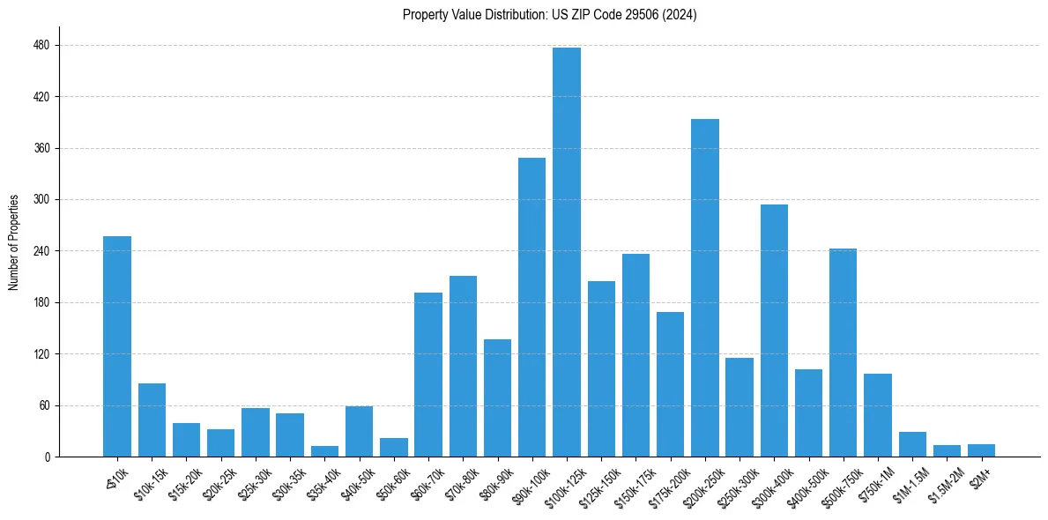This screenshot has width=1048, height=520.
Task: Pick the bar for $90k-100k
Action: pos(531,308)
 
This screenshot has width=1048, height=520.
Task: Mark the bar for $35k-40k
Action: pos(324,451)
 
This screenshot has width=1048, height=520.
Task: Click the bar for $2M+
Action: pos(981,450)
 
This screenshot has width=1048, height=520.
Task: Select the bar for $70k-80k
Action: pos(463,367)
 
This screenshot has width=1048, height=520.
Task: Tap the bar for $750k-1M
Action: pos(878,415)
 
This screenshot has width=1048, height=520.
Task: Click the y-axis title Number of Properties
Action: pos(13,242)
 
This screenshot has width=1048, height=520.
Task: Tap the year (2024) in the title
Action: pos(680,15)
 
